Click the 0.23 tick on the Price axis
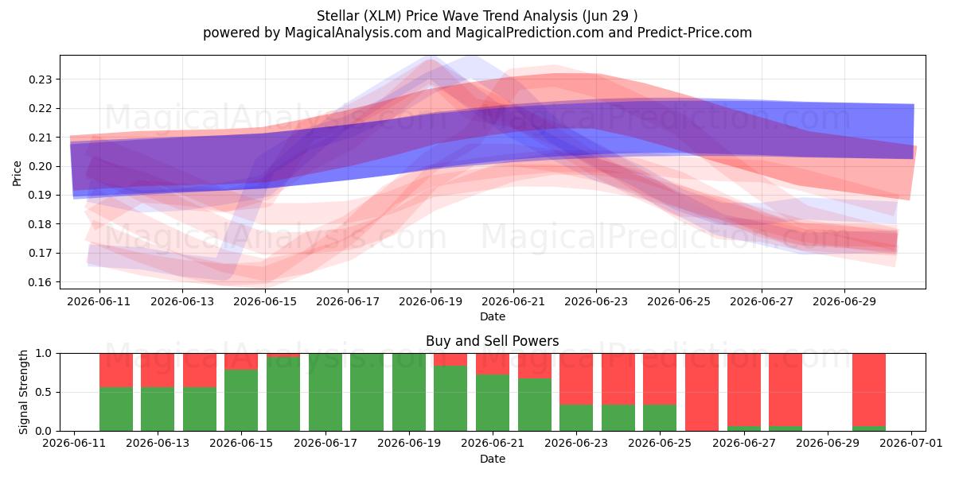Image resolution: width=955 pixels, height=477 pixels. tap(40, 79)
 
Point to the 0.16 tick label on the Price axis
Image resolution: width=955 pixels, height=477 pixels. tap(40, 282)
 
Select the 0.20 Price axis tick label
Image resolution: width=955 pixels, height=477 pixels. tap(40, 166)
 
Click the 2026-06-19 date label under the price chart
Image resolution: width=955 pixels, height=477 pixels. tap(431, 301)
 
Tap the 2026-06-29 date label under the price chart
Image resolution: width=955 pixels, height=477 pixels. tap(844, 301)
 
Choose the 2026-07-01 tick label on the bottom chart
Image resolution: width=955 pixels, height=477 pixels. tap(911, 443)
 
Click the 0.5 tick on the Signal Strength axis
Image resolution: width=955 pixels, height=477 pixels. tap(44, 392)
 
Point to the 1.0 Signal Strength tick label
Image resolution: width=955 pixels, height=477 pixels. tap(44, 354)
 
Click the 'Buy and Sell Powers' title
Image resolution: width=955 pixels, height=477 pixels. tap(493, 341)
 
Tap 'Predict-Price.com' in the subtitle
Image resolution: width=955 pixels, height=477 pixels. tap(695, 33)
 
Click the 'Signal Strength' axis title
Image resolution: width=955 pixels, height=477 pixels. tap(23, 392)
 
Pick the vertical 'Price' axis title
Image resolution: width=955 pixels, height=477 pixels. tap(17, 173)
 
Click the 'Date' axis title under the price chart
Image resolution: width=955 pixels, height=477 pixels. tap(493, 316)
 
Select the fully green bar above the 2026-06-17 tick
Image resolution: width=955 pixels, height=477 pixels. tap(325, 392)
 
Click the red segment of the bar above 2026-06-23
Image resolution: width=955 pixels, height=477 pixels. tap(576, 379)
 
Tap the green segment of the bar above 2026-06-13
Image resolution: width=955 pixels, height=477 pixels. tap(158, 409)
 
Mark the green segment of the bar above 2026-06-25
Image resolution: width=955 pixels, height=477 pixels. tap(660, 418)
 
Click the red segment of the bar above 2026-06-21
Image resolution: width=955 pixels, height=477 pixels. tap(493, 364)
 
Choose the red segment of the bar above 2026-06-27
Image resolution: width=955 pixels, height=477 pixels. tap(744, 390)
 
